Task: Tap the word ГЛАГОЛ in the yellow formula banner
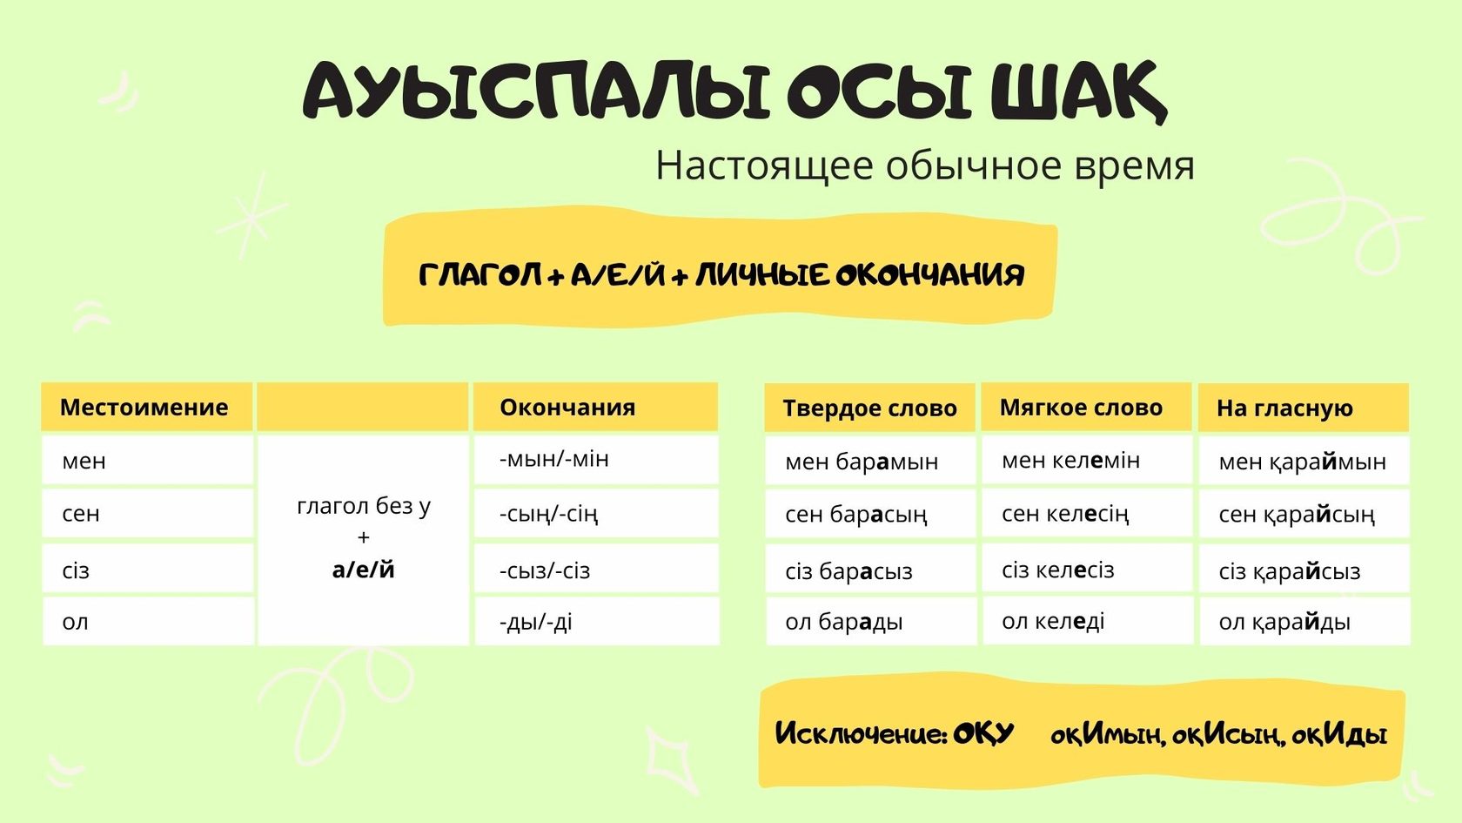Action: click(x=480, y=275)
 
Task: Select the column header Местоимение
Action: click(x=144, y=408)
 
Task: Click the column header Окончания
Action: click(x=567, y=408)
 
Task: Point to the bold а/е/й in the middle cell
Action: click(x=364, y=570)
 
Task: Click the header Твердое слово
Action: click(x=870, y=408)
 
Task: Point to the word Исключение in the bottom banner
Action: click(x=861, y=734)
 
